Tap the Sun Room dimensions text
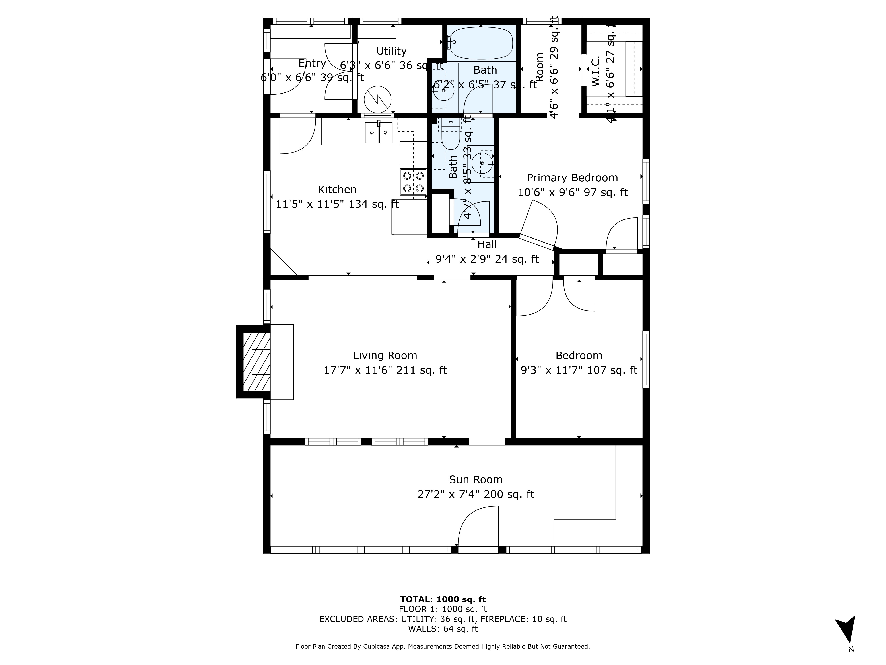[475, 494]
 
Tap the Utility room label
[391, 51]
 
